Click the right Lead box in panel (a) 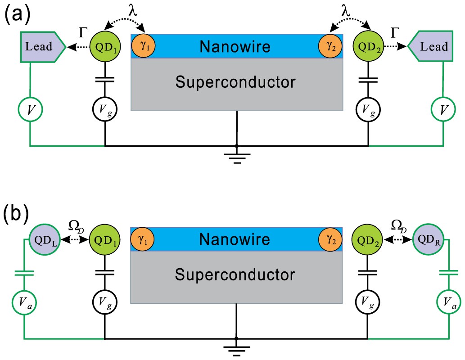click(x=432, y=46)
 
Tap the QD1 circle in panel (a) click(x=104, y=46)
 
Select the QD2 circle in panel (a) click(x=368, y=46)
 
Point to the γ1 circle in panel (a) click(x=144, y=46)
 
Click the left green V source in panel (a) click(x=30, y=108)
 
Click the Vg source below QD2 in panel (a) click(x=368, y=108)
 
